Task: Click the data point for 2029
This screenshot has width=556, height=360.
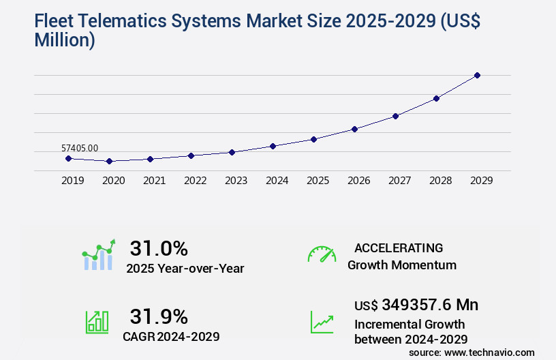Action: tap(477, 75)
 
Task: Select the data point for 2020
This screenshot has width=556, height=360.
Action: tap(109, 162)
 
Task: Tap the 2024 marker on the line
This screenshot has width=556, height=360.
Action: tap(273, 146)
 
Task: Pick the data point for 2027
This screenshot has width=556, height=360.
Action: tap(395, 116)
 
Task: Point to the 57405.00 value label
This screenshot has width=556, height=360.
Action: tap(80, 147)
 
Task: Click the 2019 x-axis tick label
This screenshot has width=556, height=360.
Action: tap(73, 181)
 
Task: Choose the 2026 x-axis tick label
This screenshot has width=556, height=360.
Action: tap(359, 181)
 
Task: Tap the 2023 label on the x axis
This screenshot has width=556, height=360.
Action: tap(236, 181)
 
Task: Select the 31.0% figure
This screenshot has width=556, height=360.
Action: tap(159, 248)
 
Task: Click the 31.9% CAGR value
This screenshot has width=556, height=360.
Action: tap(159, 316)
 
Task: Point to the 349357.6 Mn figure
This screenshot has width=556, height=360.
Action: tap(429, 304)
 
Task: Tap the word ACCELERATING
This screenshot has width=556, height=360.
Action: tap(399, 248)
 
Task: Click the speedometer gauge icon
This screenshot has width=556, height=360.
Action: tap(322, 254)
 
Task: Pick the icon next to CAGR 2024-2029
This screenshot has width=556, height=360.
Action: tap(97, 322)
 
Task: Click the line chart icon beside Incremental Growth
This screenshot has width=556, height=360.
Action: tap(322, 322)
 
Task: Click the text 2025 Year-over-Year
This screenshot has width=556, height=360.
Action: tap(185, 269)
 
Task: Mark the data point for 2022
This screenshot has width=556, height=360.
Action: tap(191, 155)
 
